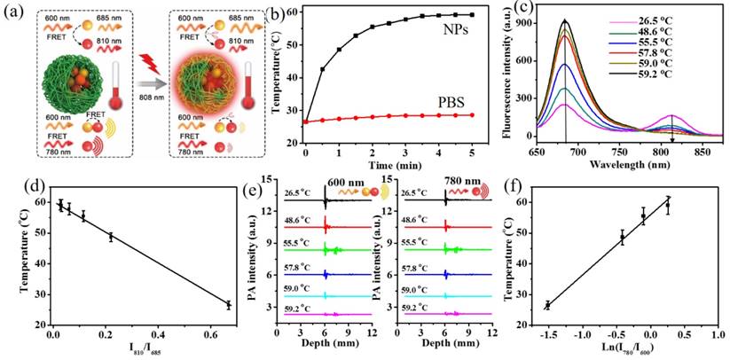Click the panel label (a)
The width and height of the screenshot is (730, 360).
(13, 12)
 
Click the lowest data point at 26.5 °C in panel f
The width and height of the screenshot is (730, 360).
(547, 305)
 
